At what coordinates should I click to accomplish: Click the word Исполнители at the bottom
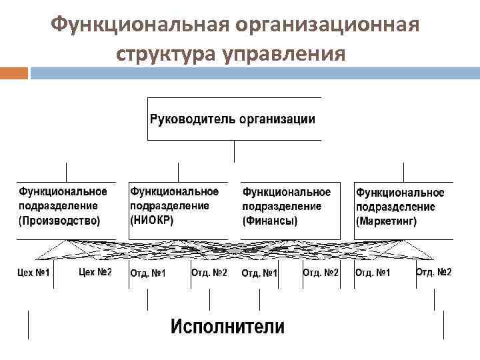click(x=227, y=327)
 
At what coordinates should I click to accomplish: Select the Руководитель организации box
click(x=233, y=119)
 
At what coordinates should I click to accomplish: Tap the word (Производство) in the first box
click(x=60, y=221)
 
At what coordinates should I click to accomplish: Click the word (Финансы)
click(x=270, y=221)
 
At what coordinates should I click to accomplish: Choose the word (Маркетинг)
click(x=387, y=221)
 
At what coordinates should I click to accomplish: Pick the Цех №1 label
click(x=33, y=273)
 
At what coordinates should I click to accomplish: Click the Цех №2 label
click(x=95, y=272)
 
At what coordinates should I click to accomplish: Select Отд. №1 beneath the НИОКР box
click(x=147, y=273)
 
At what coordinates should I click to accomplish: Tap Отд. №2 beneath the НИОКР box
click(x=209, y=272)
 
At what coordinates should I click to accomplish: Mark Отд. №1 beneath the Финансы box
click(x=259, y=273)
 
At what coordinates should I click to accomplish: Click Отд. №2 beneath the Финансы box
click(x=321, y=272)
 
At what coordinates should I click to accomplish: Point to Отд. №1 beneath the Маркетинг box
click(x=373, y=273)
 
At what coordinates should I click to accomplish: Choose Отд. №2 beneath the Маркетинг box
click(x=433, y=272)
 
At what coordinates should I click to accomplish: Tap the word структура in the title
click(x=161, y=53)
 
